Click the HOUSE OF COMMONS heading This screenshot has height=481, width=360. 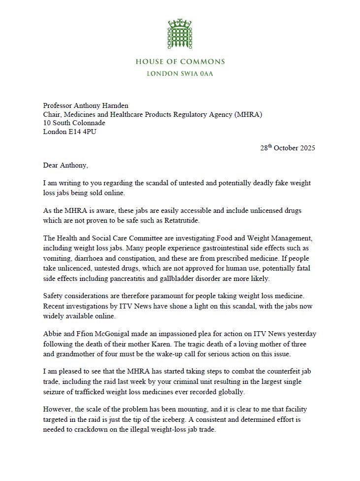180,62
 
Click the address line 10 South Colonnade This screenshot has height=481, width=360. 74,123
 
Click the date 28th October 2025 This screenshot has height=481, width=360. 288,148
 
